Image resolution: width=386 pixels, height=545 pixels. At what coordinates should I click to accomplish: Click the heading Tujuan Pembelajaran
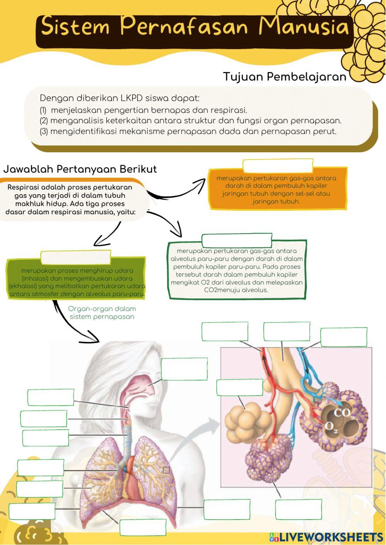(x=284, y=77)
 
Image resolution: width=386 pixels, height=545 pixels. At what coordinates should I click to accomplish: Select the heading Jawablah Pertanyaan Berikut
(x=80, y=169)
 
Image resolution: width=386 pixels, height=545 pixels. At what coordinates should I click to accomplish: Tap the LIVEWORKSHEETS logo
(x=326, y=537)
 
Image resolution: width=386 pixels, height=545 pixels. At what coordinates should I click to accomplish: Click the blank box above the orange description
(x=278, y=166)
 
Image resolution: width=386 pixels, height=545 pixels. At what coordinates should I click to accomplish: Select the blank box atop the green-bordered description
(x=237, y=240)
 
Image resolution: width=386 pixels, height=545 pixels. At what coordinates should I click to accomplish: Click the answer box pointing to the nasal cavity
(x=184, y=369)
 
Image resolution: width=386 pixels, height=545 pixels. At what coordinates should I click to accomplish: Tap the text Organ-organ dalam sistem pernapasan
(x=102, y=313)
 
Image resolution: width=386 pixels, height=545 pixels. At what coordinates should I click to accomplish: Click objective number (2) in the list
(x=191, y=121)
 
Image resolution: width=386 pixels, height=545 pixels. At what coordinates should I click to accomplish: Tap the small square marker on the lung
(x=166, y=470)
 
